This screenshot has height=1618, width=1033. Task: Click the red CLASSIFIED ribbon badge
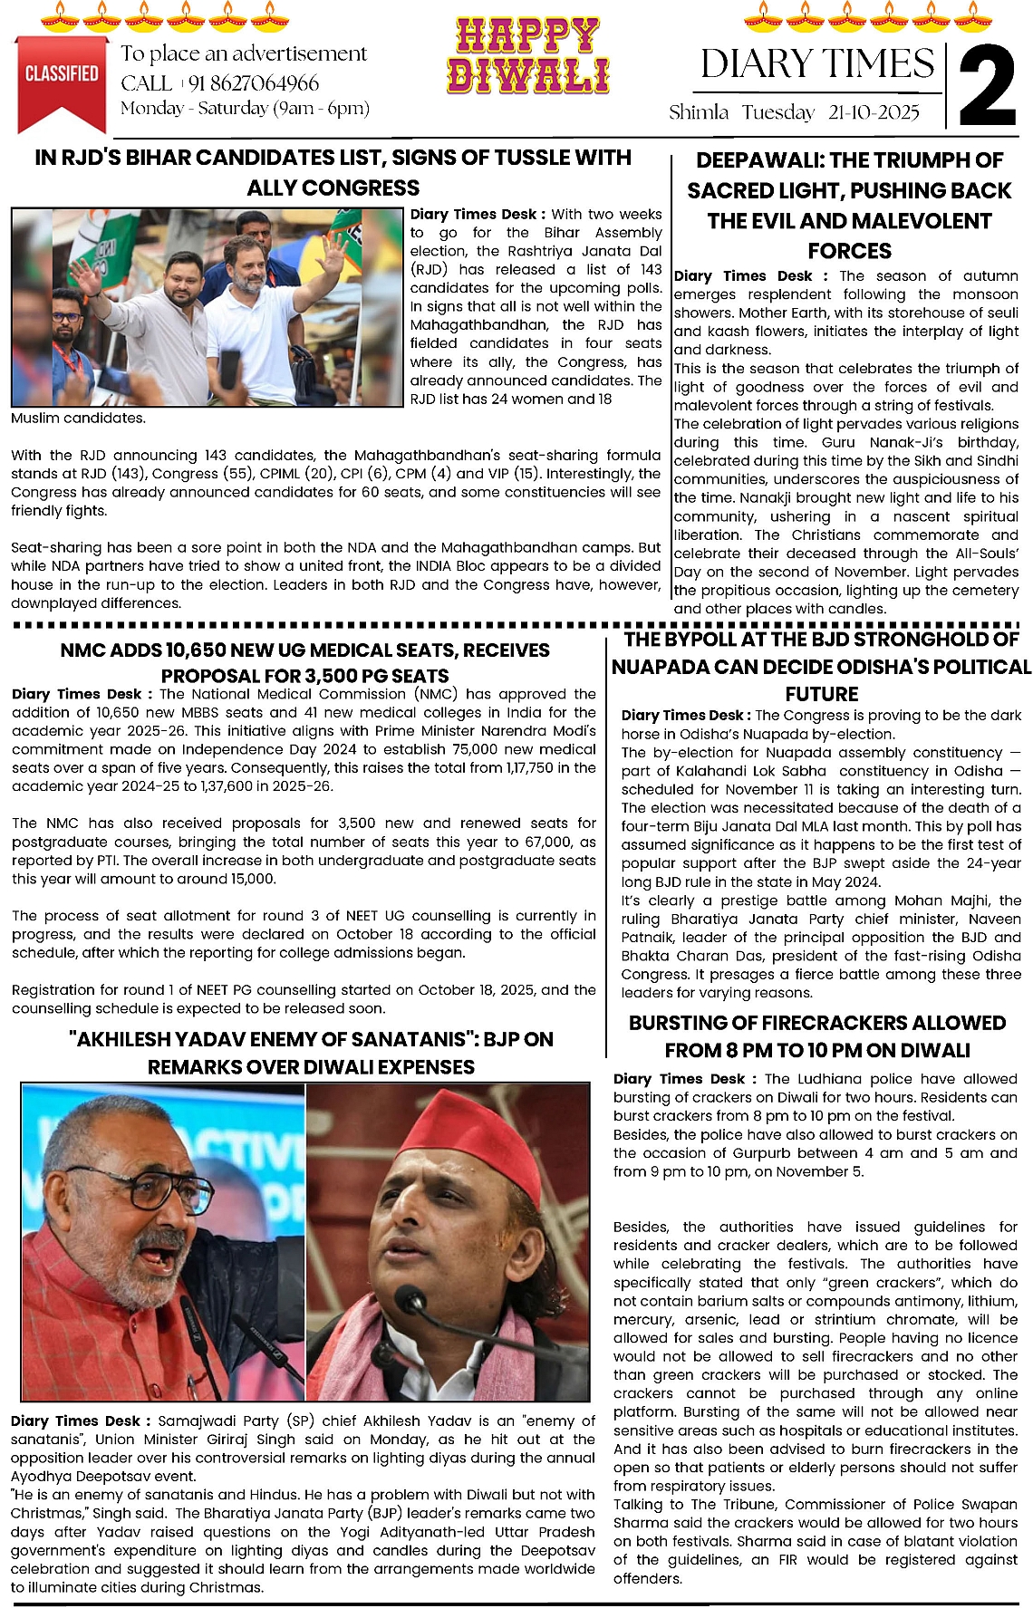(x=61, y=78)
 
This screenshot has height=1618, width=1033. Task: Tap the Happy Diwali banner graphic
(x=527, y=56)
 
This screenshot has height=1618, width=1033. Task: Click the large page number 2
(x=987, y=87)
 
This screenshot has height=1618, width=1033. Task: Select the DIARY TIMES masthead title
(x=817, y=64)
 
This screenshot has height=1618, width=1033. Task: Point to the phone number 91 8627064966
(x=254, y=83)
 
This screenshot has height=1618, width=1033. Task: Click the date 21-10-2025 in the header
(x=874, y=112)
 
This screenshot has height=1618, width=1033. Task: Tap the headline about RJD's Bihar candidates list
(x=333, y=172)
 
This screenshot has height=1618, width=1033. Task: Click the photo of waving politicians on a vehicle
(x=207, y=307)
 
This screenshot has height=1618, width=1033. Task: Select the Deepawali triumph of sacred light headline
(x=849, y=205)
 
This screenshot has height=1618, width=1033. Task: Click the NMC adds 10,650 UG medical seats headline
(x=305, y=662)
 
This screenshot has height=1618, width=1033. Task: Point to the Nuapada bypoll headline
(x=821, y=666)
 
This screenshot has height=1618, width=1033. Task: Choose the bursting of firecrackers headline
(x=817, y=1035)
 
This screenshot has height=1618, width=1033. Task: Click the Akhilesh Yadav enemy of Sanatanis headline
(x=311, y=1052)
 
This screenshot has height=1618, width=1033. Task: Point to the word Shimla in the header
(x=699, y=112)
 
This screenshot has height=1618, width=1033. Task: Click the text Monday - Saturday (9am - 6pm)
(x=245, y=109)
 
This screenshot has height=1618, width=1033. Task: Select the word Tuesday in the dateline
(x=778, y=112)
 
